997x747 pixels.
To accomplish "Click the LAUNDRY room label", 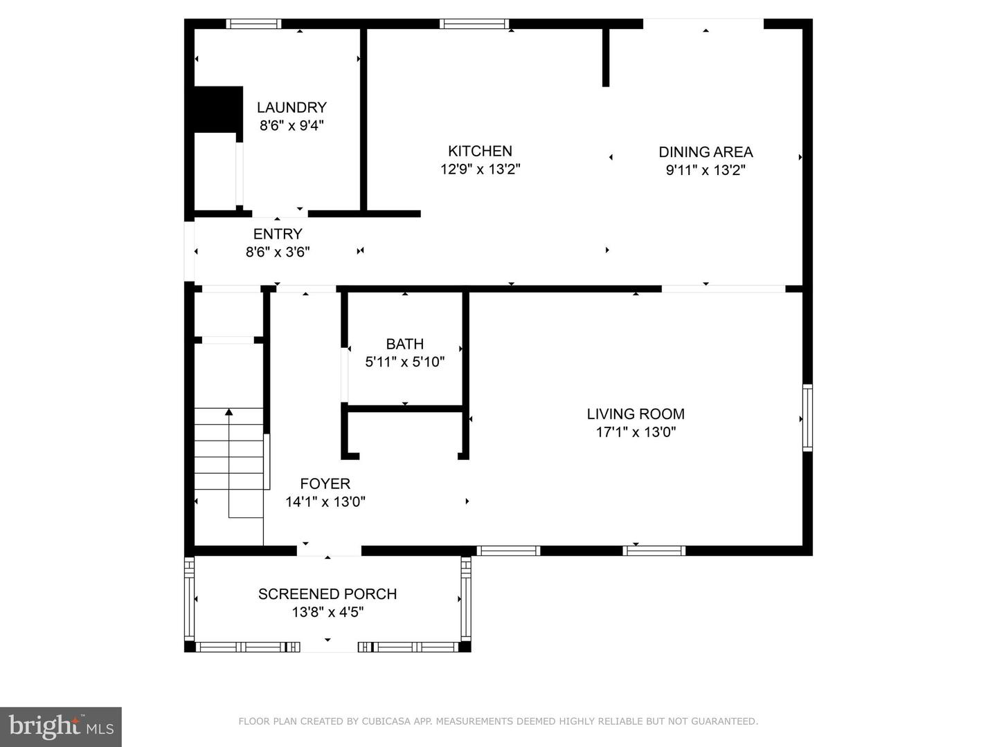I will (291, 107).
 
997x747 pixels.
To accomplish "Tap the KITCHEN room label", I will (480, 151).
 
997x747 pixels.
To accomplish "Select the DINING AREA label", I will (706, 151).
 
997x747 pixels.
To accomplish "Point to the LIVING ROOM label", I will (636, 414).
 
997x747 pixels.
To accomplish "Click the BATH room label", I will (404, 344).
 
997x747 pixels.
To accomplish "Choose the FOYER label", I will (325, 483).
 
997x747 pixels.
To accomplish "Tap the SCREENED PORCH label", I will (327, 593).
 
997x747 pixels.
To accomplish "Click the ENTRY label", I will (278, 234).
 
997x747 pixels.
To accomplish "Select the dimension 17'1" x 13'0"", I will (636, 432).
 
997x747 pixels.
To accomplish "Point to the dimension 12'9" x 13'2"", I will (480, 169).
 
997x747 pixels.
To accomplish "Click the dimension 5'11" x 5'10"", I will (404, 361).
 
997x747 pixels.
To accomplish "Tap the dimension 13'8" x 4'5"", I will (327, 612).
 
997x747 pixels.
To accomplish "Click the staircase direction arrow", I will (229, 413).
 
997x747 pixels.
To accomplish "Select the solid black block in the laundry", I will (218, 109).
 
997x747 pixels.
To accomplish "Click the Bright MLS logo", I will (61, 726).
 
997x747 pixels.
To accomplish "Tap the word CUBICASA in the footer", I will (387, 721).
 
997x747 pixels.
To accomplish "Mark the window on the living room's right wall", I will (807, 418).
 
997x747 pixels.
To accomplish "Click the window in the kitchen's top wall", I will (474, 24).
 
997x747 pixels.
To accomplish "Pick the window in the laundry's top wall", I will (254, 24).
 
